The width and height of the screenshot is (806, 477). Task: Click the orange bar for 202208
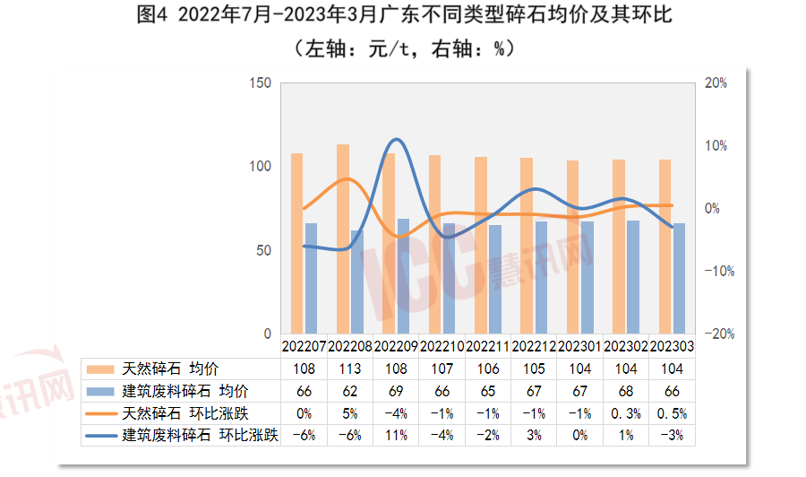(342, 238)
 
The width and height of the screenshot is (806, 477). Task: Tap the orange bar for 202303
(665, 247)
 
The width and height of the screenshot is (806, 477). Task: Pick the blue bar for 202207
(311, 279)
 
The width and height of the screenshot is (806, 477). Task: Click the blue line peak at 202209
(396, 140)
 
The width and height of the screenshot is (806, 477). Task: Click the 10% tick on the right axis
(715, 146)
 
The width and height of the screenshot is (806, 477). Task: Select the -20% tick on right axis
(717, 334)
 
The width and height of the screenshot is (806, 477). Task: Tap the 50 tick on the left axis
(262, 250)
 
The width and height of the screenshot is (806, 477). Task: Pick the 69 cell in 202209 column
(396, 391)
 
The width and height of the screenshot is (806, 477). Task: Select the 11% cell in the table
(396, 436)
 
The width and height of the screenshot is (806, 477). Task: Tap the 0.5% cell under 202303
(672, 413)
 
